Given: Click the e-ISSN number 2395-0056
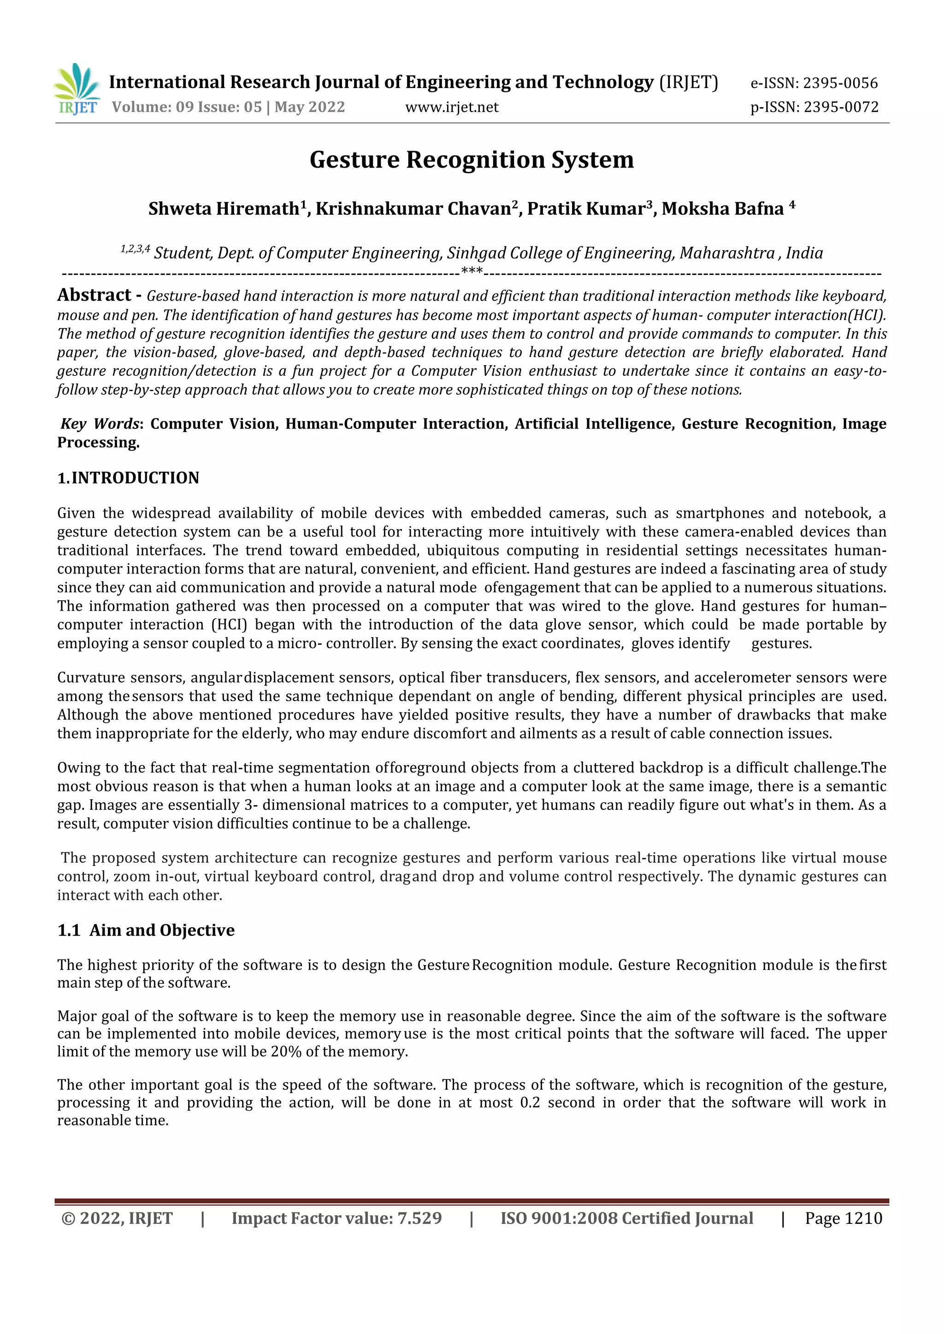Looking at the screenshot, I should tap(840, 83).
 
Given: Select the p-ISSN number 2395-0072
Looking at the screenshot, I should tap(841, 107).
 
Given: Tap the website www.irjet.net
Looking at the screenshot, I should tap(452, 107).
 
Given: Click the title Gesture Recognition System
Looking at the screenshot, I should tap(472, 160).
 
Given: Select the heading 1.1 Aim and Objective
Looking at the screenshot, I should tap(146, 930).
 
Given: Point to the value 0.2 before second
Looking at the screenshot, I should tap(530, 1103).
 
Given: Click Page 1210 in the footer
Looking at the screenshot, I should tap(844, 1218).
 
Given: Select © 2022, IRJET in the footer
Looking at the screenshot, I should tap(117, 1218).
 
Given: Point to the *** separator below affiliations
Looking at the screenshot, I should tap(472, 271).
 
